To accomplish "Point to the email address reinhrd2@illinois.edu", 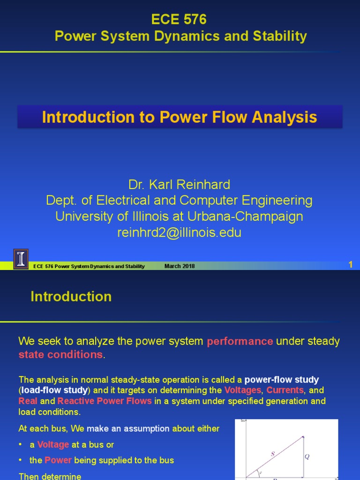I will pyautogui.click(x=179, y=232).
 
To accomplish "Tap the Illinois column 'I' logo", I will pyautogui.click(x=21, y=258).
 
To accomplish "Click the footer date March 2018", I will pyautogui.click(x=180, y=266).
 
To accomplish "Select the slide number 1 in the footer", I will pyautogui.click(x=350, y=265).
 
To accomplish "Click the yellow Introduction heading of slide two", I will pyautogui.click(x=71, y=297).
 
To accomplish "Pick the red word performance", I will pyautogui.click(x=240, y=341).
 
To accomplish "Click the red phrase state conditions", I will pyautogui.click(x=60, y=355).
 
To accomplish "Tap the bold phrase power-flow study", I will pyautogui.click(x=282, y=380).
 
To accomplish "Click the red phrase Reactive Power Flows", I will pyautogui.click(x=111, y=401).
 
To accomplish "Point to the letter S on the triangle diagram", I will pyautogui.click(x=272, y=453).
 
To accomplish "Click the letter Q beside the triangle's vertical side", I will pyautogui.click(x=307, y=457).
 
